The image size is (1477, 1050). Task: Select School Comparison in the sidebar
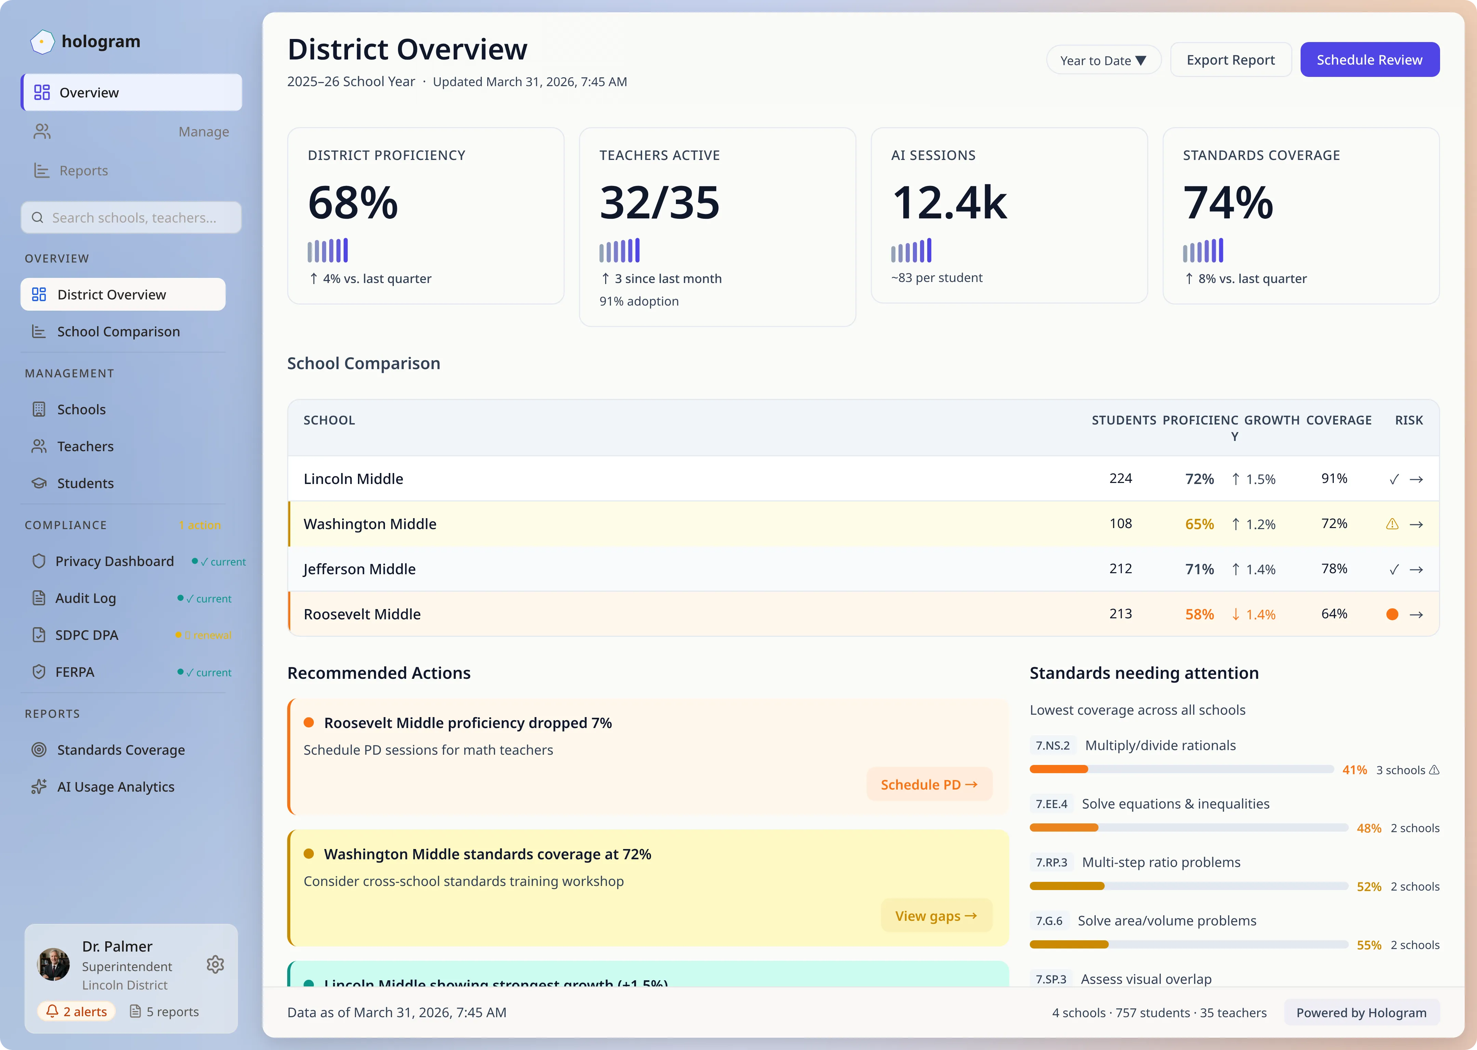[x=118, y=332]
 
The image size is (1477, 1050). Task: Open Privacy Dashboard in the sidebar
[x=115, y=561]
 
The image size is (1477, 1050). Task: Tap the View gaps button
[x=935, y=916]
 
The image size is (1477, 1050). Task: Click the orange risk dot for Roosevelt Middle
[x=1392, y=614]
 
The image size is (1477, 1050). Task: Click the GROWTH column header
[x=1272, y=420]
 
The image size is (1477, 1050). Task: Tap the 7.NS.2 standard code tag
[x=1052, y=745]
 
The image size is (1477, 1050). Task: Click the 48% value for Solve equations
[x=1368, y=828]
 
